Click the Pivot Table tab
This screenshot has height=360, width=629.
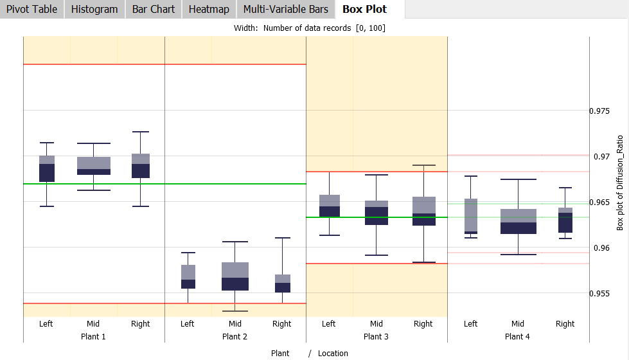pyautogui.click(x=31, y=9)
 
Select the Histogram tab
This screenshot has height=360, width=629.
pyautogui.click(x=94, y=9)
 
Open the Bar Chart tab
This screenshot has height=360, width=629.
pyautogui.click(x=154, y=9)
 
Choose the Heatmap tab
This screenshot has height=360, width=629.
pyautogui.click(x=209, y=9)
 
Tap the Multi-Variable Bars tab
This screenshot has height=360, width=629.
pyautogui.click(x=285, y=9)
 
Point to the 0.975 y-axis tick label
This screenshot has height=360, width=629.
pyautogui.click(x=599, y=111)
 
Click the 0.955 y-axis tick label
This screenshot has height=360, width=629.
pyautogui.click(x=599, y=293)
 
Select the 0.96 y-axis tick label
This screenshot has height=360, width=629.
pyautogui.click(x=598, y=248)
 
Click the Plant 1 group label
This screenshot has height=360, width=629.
pyautogui.click(x=93, y=336)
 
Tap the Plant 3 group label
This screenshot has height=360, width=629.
pyautogui.click(x=376, y=336)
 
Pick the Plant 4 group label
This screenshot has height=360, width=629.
pyautogui.click(x=517, y=336)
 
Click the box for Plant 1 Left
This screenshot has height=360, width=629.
pyautogui.click(x=47, y=169)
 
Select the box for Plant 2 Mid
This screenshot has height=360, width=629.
pyautogui.click(x=235, y=276)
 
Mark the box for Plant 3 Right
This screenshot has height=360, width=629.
pyautogui.click(x=423, y=211)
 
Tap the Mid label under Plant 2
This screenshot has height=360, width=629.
pyautogui.click(x=235, y=324)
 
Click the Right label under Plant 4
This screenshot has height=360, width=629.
pyautogui.click(x=565, y=324)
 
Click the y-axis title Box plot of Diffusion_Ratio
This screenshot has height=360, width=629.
pyautogui.click(x=620, y=183)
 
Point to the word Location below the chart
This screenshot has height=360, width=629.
pyautogui.click(x=333, y=353)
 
